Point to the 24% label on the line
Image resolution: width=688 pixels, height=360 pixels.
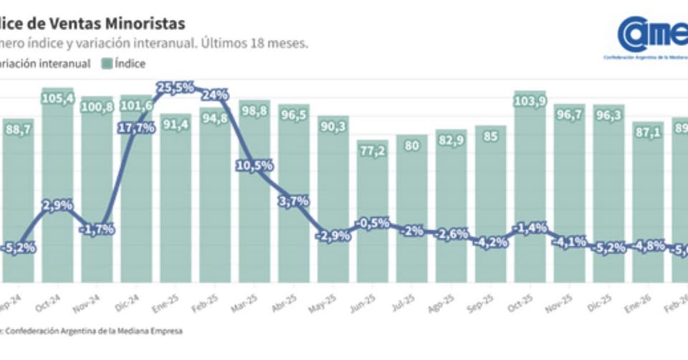click(215, 95)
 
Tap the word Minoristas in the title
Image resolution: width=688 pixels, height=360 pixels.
click(128, 23)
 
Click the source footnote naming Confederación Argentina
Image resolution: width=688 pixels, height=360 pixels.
click(93, 331)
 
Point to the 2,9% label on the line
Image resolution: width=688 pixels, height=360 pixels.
click(57, 205)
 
